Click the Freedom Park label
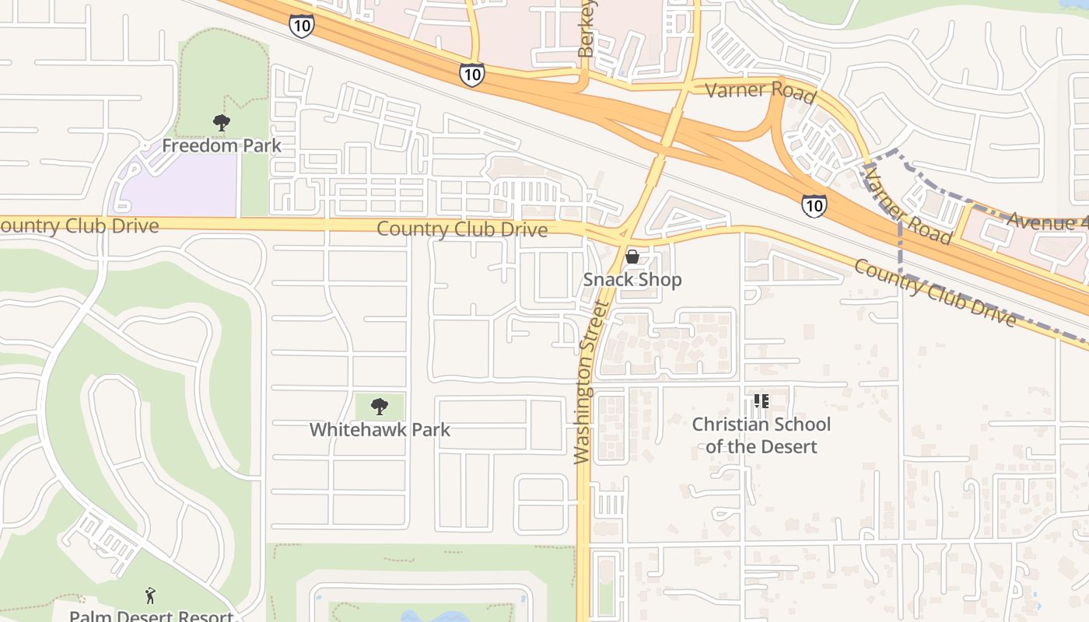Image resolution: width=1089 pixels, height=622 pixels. [x=222, y=145]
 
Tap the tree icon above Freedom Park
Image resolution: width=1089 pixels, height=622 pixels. [x=222, y=123]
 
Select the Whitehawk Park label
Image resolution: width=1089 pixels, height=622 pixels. [x=380, y=429]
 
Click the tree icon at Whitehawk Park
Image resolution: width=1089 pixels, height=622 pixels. [x=380, y=406]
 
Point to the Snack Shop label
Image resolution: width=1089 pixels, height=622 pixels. [x=632, y=280]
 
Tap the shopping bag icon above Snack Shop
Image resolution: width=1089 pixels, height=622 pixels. [x=632, y=257]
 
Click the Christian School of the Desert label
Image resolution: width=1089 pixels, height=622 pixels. [x=761, y=435]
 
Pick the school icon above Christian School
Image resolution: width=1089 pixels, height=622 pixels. [x=761, y=401]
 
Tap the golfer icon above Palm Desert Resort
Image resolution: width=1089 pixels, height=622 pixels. [x=150, y=596]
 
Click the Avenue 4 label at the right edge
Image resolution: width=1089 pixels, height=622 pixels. [x=1046, y=222]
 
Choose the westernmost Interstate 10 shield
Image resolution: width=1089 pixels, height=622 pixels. [x=301, y=26]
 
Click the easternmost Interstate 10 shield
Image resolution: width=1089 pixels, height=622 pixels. [x=814, y=205]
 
